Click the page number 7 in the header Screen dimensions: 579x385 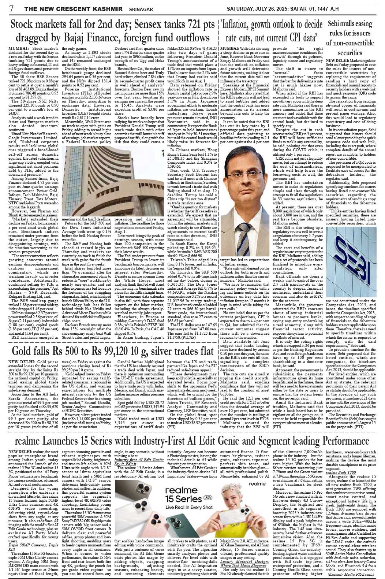[x=5, y=8]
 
